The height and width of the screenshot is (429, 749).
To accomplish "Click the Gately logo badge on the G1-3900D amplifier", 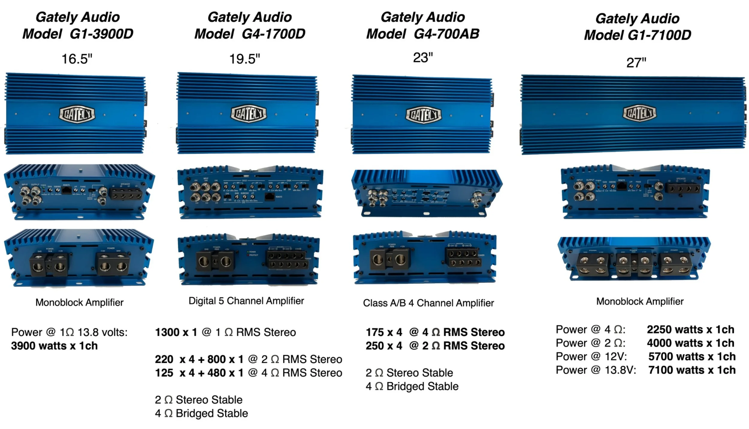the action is [x=77, y=114].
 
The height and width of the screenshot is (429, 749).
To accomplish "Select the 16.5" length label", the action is [x=77, y=59].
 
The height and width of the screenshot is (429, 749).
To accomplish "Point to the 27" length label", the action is [x=636, y=63].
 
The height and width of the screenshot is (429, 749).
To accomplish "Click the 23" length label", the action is [x=423, y=58].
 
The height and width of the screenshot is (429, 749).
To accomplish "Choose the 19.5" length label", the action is [x=244, y=59].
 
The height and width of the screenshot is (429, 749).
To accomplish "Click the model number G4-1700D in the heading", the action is [x=274, y=34].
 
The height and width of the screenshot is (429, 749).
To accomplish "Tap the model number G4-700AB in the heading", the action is [x=446, y=34].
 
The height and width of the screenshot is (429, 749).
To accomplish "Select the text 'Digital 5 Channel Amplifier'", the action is [x=246, y=301].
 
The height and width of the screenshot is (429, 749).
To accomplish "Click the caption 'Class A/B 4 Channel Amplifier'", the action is [x=428, y=303].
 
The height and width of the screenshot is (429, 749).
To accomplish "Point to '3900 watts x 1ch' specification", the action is [x=54, y=346].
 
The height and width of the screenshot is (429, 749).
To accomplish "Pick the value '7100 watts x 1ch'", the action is [x=692, y=370].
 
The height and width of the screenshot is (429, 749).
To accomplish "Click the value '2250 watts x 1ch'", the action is [x=691, y=330].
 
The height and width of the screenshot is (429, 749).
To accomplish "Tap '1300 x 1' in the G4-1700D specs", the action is [x=176, y=332].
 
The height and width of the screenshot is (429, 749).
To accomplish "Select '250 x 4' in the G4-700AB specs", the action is [x=384, y=346].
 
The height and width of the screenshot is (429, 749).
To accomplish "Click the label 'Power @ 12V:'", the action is [x=591, y=357].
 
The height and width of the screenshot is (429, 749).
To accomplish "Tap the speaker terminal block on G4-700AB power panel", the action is [x=464, y=258].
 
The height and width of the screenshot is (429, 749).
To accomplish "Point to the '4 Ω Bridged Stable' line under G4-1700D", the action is [x=201, y=413].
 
